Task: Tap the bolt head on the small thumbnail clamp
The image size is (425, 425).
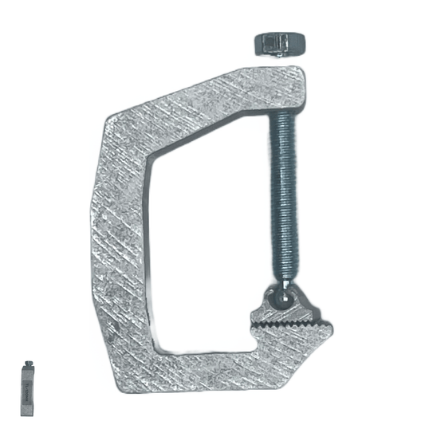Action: (28, 366)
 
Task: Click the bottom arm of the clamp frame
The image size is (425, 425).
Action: (207, 372)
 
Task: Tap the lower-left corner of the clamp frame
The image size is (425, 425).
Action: (128, 375)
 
